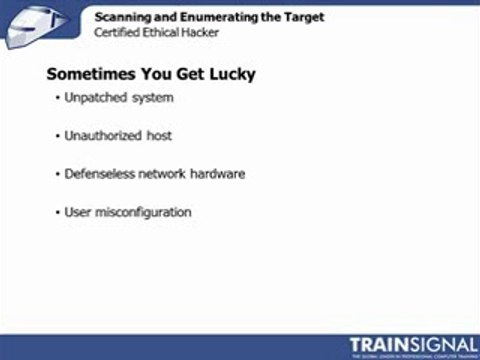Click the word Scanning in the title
[x=122, y=17]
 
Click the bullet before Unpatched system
[x=58, y=98]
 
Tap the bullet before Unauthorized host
[x=58, y=136]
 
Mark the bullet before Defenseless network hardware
[x=58, y=174]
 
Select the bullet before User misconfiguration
[x=58, y=213]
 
